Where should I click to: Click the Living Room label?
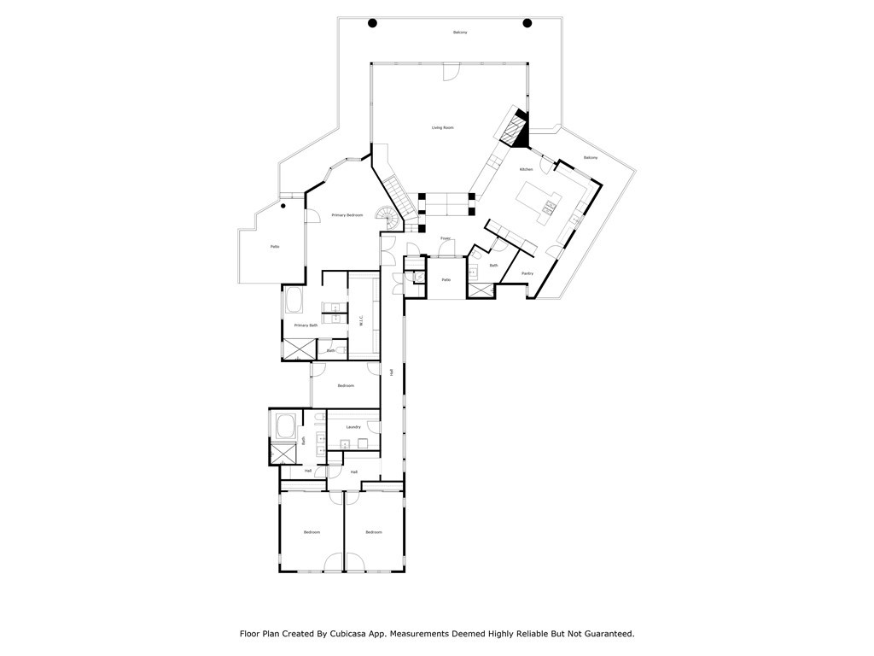click(442, 127)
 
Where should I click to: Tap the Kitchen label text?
click(527, 169)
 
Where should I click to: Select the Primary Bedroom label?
click(347, 214)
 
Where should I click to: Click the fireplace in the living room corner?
click(516, 130)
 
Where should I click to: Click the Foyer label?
click(446, 238)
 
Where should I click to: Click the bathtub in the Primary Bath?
click(295, 301)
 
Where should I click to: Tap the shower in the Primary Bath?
click(298, 348)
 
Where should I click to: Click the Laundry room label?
click(353, 426)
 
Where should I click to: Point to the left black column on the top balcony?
click(372, 23)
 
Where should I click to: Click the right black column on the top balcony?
click(527, 23)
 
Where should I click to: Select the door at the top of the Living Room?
click(449, 73)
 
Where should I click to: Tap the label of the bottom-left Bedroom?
click(312, 532)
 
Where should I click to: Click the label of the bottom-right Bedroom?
click(374, 532)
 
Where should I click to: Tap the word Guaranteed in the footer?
click(603, 634)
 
